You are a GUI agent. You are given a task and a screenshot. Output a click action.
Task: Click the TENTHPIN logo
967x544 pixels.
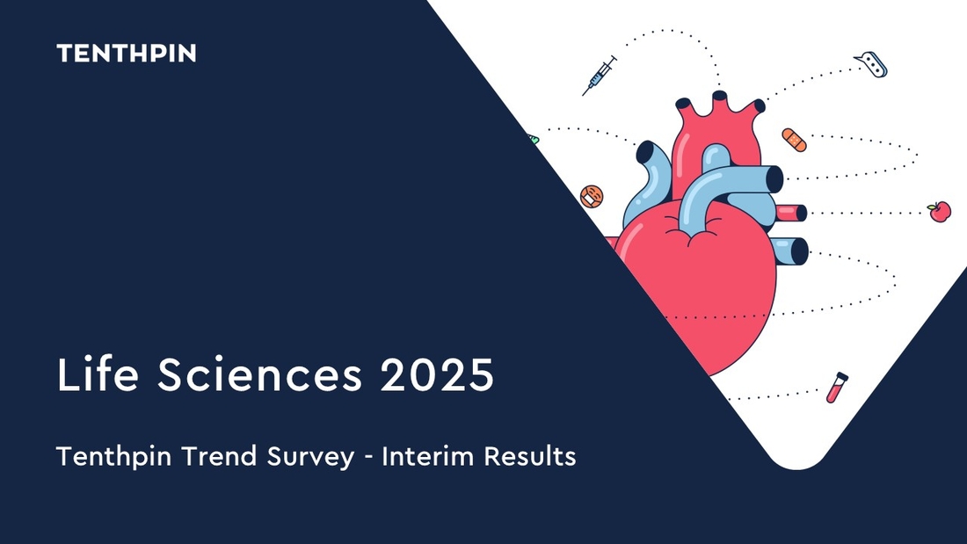127,53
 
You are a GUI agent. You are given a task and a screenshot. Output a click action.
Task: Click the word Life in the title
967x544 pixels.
98,374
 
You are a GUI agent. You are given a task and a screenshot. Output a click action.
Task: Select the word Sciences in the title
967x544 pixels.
259,374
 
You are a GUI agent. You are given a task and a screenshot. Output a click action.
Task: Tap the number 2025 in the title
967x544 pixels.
437,374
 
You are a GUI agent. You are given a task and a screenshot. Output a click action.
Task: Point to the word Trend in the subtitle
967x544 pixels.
219,456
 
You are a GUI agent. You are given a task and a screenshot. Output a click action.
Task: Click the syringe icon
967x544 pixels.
600,76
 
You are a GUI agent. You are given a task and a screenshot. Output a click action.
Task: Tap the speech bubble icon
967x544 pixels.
871,64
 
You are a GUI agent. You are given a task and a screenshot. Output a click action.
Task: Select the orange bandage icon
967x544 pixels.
794,140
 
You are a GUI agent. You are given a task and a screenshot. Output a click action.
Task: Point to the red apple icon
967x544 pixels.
939,211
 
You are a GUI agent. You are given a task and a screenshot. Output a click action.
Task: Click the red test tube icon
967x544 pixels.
837,388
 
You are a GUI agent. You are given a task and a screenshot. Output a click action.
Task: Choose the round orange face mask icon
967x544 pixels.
592,197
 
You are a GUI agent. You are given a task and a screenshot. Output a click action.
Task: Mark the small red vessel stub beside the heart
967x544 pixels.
791,213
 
